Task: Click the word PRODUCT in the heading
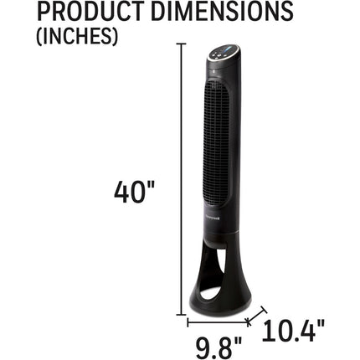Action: (x=90, y=11)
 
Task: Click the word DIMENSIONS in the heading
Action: (x=222, y=11)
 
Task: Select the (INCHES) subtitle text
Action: (x=77, y=36)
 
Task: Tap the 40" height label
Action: (x=134, y=193)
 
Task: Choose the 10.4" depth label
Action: (x=293, y=331)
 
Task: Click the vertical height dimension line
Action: (x=182, y=179)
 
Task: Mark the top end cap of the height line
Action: (x=182, y=44)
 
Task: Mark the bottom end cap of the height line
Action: (x=182, y=315)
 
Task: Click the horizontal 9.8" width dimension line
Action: (x=218, y=323)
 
